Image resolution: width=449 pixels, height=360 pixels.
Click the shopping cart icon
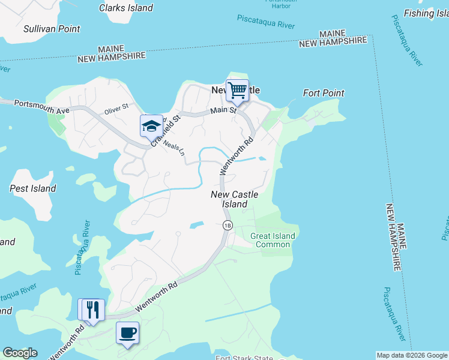(x=237, y=91)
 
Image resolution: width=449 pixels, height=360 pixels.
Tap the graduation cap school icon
(x=151, y=125)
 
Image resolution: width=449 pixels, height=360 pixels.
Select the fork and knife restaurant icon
(x=92, y=310)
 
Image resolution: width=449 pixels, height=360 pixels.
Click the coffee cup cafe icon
(x=127, y=332)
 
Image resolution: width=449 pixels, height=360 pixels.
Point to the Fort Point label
(x=324, y=93)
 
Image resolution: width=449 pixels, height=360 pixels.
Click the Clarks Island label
(x=126, y=8)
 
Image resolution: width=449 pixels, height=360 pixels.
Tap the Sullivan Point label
(x=52, y=29)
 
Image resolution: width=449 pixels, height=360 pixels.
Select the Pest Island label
(x=33, y=188)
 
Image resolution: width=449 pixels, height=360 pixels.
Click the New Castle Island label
(x=235, y=199)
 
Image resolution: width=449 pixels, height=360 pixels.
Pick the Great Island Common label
(x=273, y=240)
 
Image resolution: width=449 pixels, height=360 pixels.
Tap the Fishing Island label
(x=426, y=13)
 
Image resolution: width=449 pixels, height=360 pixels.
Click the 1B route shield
(x=227, y=226)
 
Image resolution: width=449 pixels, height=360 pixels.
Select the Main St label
(x=223, y=110)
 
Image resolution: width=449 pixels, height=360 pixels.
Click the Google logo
(x=20, y=353)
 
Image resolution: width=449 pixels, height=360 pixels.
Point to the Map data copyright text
(x=411, y=355)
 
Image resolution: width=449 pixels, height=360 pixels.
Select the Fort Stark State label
(x=246, y=358)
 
